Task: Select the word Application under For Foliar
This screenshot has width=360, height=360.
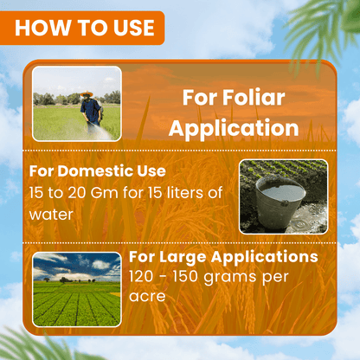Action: [234, 128]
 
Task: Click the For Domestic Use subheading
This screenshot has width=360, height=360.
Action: [97, 170]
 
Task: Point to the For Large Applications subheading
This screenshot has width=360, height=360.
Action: [222, 258]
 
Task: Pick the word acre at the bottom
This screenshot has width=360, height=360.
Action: [148, 296]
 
